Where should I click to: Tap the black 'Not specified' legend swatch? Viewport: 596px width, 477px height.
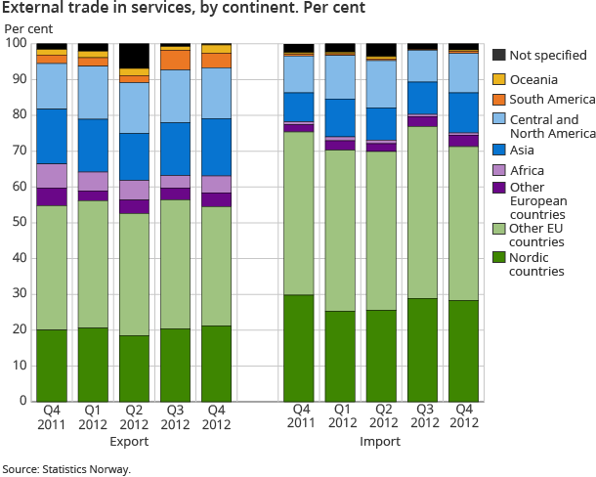[x=498, y=55]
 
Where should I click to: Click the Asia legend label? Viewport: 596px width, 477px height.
[x=523, y=151]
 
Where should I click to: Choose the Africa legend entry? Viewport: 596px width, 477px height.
[x=527, y=171]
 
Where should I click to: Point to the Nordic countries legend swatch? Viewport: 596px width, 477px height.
[x=498, y=258]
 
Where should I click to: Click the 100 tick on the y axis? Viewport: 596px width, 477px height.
[x=16, y=44]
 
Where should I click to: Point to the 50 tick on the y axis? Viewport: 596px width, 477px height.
[x=19, y=223]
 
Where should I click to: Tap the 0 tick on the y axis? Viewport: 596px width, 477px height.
[x=22, y=401]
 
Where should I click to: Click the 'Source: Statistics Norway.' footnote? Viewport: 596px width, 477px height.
[x=66, y=468]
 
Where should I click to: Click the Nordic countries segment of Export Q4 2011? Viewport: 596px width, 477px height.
[x=52, y=365]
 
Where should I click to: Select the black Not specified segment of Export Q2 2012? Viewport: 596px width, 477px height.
[x=134, y=56]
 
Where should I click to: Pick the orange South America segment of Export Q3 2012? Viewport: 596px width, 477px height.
[x=175, y=59]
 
